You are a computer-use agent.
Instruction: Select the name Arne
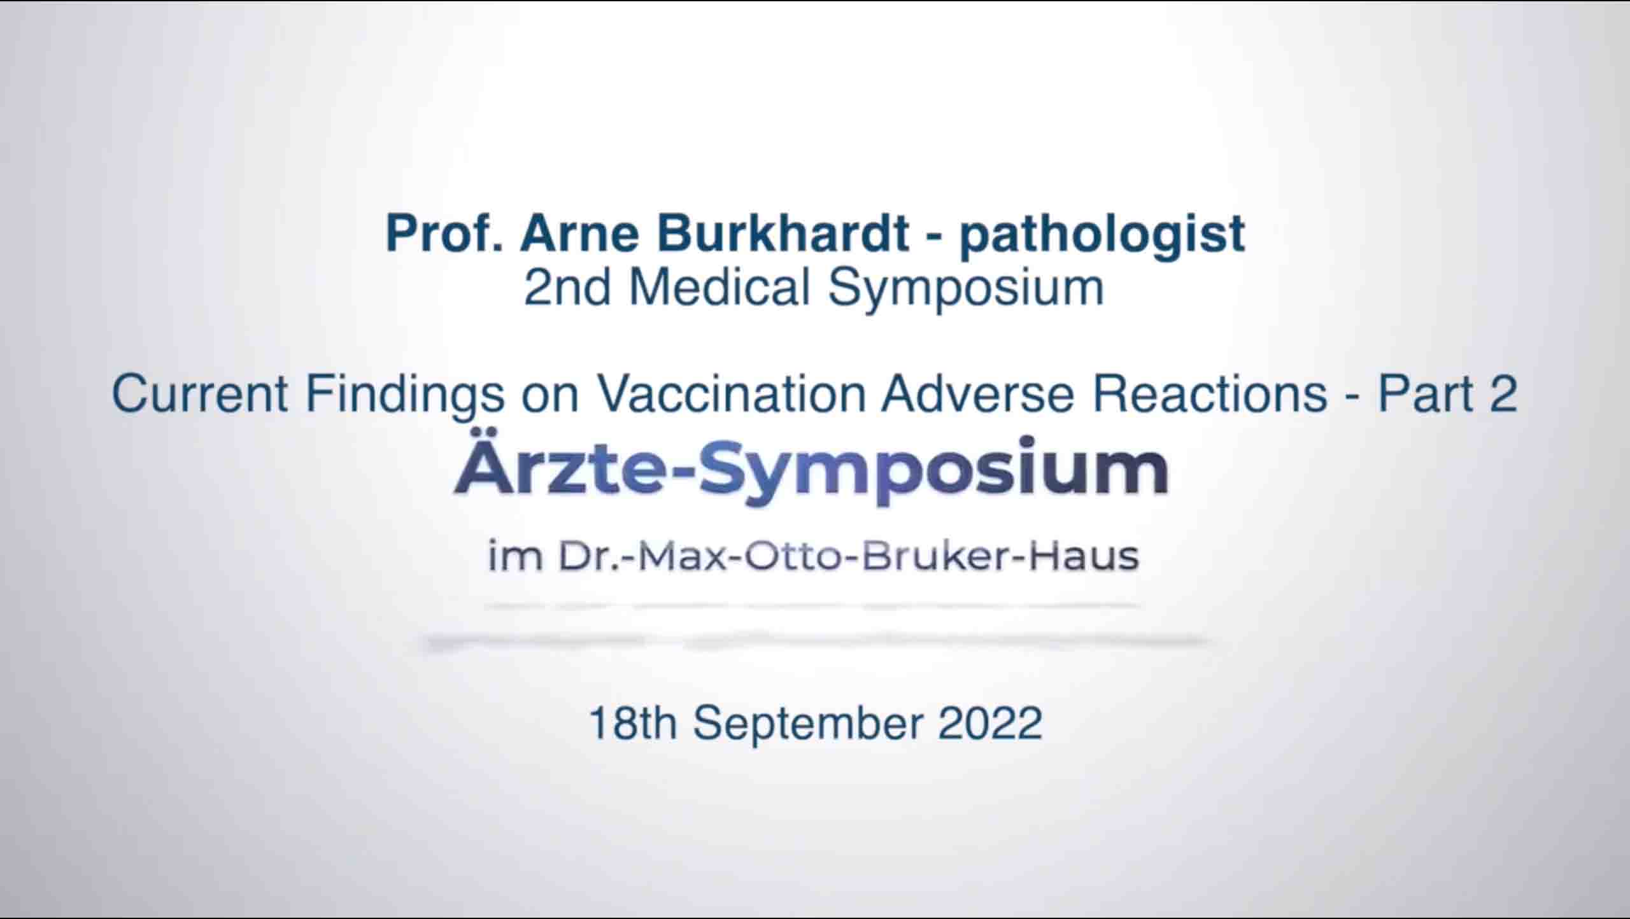point(579,234)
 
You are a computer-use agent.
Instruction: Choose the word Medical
point(719,288)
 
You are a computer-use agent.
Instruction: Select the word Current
point(200,394)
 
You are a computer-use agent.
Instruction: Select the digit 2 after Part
point(1503,394)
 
